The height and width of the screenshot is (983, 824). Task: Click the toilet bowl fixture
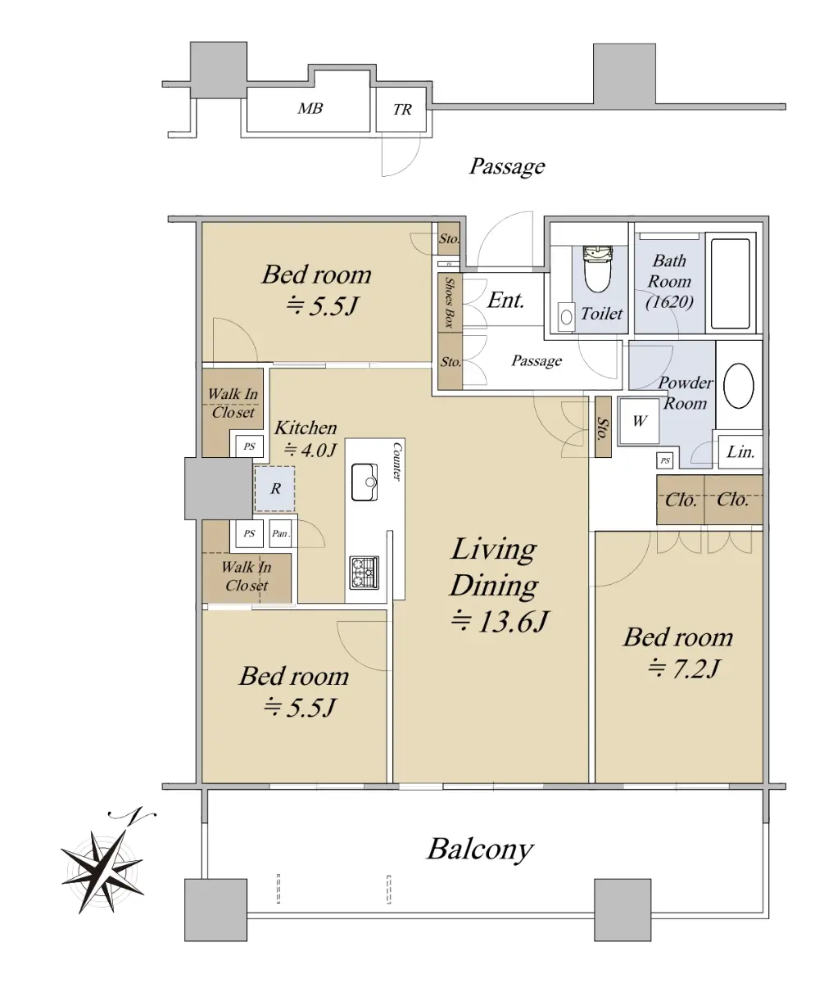coord(597,269)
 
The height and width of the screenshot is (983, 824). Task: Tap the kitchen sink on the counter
coord(364,482)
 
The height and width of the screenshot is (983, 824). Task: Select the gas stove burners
coord(364,572)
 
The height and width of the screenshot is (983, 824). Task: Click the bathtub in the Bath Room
coord(730,284)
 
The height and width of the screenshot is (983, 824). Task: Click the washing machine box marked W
coord(639,420)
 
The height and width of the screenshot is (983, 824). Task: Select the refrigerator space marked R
coord(275,489)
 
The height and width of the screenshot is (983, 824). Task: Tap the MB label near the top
coord(310,108)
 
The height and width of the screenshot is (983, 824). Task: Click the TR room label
coord(402,110)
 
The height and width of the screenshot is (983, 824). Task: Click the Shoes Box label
coord(450,302)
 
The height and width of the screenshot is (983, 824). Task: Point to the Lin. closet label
coord(740,452)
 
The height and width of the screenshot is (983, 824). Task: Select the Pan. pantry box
coord(280,533)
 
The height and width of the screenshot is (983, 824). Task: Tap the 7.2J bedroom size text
coord(684,668)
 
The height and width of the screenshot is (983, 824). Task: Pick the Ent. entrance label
coord(505,301)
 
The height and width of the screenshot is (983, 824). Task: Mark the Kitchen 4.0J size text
coord(310,450)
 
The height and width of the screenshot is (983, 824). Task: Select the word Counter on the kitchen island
coord(398,461)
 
